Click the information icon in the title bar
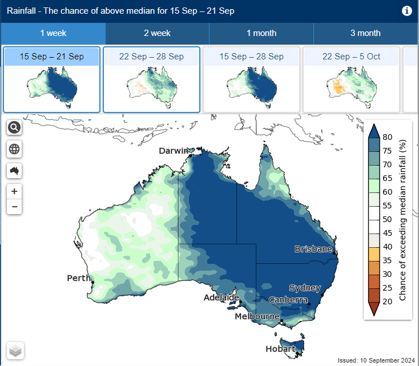407,11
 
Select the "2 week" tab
157,33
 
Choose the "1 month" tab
261,33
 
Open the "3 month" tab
365,33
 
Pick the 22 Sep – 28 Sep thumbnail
151,80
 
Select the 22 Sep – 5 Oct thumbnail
351,80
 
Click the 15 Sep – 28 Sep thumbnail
251,80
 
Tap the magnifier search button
14,127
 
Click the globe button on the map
14,149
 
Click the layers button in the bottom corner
15,351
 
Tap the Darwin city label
174,151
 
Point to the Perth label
78,278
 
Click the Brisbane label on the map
313,249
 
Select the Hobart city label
280,348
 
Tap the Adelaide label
221,297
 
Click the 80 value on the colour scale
388,137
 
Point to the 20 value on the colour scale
388,301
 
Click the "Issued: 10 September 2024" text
376,360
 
